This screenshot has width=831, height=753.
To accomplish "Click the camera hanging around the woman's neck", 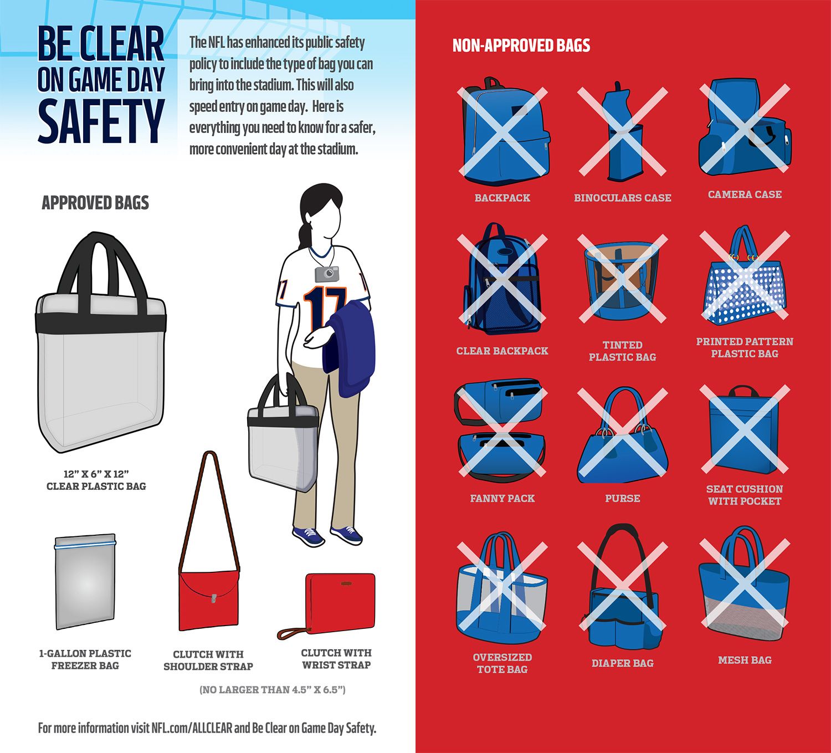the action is pyautogui.click(x=327, y=274).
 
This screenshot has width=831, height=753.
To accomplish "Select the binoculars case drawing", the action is pyautogui.click(x=623, y=132).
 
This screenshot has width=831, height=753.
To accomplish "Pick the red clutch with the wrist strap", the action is pyautogui.click(x=327, y=605).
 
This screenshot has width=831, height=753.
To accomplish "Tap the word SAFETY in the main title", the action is pyautogui.click(x=101, y=121).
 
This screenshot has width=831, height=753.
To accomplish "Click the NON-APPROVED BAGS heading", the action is pyautogui.click(x=521, y=45).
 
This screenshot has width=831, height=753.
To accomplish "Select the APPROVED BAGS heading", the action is pyautogui.click(x=95, y=203).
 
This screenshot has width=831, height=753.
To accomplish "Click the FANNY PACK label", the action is pyautogui.click(x=502, y=498).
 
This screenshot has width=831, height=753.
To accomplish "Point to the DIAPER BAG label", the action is pyautogui.click(x=622, y=663).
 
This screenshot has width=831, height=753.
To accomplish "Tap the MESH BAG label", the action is pyautogui.click(x=745, y=660).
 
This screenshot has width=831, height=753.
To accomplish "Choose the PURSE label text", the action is pyautogui.click(x=622, y=498).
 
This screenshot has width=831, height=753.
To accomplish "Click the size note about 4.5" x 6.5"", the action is pyautogui.click(x=272, y=690).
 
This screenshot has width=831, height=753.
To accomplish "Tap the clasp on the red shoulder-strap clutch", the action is pyautogui.click(x=214, y=598).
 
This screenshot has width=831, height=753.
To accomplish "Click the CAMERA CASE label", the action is pyautogui.click(x=745, y=194).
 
